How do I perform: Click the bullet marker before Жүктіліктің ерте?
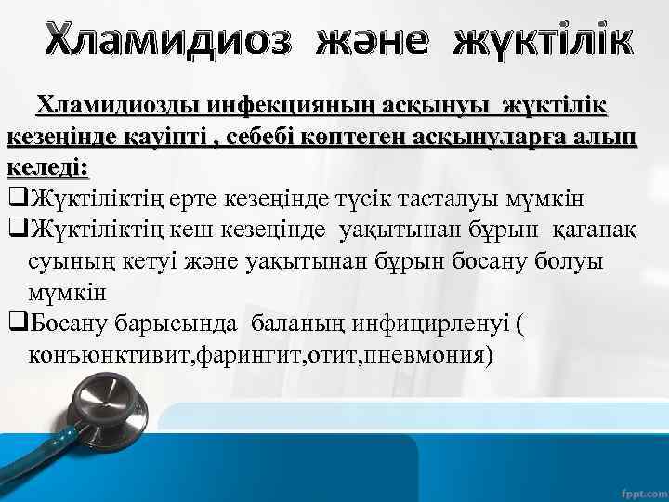(x=18, y=199)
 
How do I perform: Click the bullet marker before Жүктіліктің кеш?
(x=18, y=230)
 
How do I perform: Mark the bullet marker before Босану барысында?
(x=18, y=324)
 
